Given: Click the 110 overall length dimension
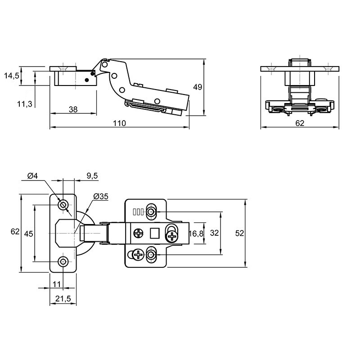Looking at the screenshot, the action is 119,123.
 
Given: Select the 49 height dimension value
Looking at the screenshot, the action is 198,87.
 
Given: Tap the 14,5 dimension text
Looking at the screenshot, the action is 12,76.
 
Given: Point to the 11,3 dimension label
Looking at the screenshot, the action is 25,104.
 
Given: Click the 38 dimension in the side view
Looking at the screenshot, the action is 73,109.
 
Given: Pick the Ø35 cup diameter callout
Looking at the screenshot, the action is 101,197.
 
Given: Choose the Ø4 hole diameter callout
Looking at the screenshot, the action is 32,176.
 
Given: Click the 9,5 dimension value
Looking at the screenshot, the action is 92,176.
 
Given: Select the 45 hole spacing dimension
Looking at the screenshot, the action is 29,234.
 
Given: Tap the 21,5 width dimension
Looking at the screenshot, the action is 63,299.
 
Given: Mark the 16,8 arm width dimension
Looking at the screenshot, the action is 196,234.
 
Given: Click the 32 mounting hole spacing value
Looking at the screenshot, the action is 215,233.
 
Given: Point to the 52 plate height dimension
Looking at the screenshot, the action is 239,233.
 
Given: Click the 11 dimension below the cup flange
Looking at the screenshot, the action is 57,284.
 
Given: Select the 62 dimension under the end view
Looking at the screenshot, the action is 300,123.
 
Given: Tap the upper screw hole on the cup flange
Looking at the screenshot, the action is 63,205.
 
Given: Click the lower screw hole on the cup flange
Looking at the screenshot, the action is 63,261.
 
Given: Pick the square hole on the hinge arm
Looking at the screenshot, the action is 155,233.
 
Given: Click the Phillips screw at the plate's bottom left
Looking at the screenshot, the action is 139,254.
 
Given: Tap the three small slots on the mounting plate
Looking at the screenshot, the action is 138,211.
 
